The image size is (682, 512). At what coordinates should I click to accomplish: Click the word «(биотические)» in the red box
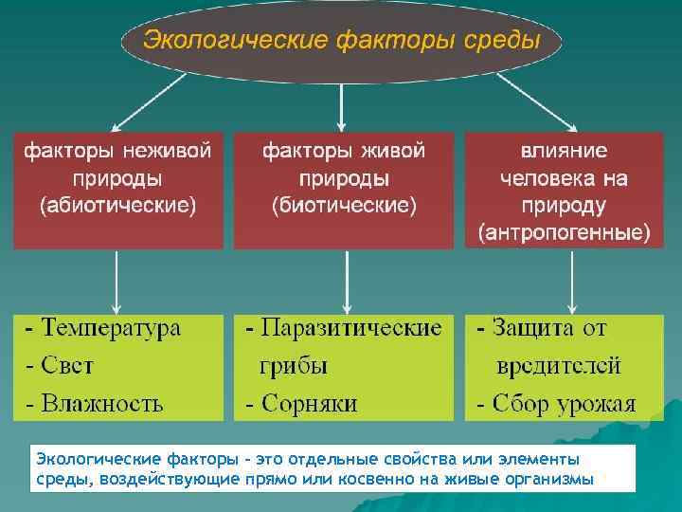tap(345, 205)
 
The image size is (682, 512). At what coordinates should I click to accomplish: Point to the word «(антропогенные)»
tap(565, 231)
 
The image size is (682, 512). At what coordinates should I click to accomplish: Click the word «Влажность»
tap(102, 403)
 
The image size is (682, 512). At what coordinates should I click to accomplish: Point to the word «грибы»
tap(295, 365)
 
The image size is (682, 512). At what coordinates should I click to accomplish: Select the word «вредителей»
tap(560, 365)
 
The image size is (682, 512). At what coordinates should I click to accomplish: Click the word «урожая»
tap(597, 403)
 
